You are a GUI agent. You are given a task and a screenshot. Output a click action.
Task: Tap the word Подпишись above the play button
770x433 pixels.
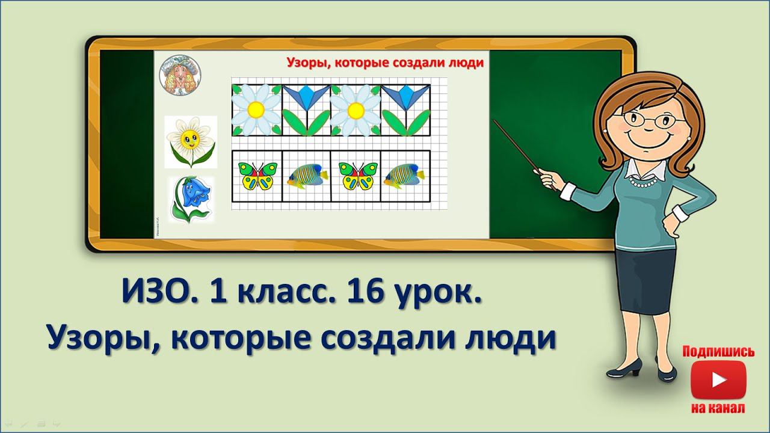point(719,352)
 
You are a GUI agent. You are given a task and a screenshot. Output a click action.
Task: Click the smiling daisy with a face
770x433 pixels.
point(190,142)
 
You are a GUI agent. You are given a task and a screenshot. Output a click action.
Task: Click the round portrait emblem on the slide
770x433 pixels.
point(180,74)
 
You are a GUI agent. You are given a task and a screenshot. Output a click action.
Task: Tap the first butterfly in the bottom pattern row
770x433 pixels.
point(257,175)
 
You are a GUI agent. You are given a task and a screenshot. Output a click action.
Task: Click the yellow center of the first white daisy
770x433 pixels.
point(256,109)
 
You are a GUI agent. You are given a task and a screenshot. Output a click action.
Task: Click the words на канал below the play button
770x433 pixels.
point(719,408)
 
